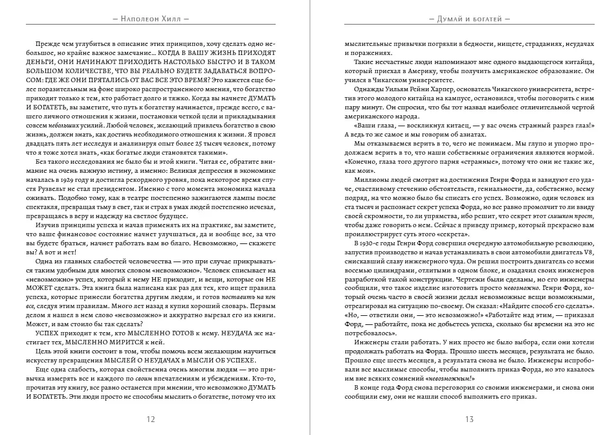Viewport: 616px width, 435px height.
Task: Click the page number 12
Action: click(x=151, y=418)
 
